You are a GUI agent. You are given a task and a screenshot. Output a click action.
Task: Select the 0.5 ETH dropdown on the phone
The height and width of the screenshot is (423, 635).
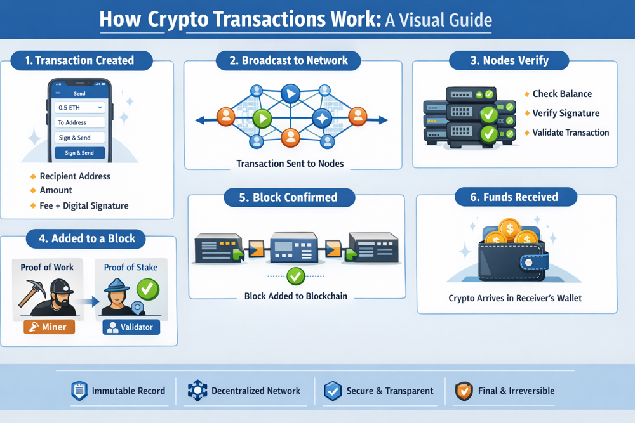(x=80, y=108)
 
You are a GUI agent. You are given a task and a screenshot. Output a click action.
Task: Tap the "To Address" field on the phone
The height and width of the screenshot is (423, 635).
(x=80, y=122)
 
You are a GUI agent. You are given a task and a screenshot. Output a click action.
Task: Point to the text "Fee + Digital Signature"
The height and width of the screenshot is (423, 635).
(x=84, y=205)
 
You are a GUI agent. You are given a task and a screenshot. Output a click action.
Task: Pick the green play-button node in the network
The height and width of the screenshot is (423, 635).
(x=262, y=118)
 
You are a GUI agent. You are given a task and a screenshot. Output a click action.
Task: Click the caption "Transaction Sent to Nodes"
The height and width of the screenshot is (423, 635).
(x=290, y=164)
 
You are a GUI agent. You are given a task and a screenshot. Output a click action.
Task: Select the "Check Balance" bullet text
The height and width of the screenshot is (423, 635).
(x=562, y=94)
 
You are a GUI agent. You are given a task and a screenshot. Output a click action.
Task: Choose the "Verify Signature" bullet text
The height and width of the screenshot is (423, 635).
(x=566, y=113)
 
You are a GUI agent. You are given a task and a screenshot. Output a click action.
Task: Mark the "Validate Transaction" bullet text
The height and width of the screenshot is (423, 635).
(x=570, y=133)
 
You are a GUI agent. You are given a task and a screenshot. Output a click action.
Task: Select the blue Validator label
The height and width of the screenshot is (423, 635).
(x=131, y=328)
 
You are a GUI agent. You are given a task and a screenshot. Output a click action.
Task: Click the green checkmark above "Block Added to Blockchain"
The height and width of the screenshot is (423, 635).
(x=296, y=276)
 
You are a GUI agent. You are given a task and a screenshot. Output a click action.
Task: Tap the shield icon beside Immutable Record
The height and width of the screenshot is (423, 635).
(x=79, y=391)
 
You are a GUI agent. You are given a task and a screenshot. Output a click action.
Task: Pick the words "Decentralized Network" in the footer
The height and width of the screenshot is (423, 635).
(x=256, y=391)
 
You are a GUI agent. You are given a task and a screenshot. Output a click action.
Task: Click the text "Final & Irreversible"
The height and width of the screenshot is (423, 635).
(x=516, y=391)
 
